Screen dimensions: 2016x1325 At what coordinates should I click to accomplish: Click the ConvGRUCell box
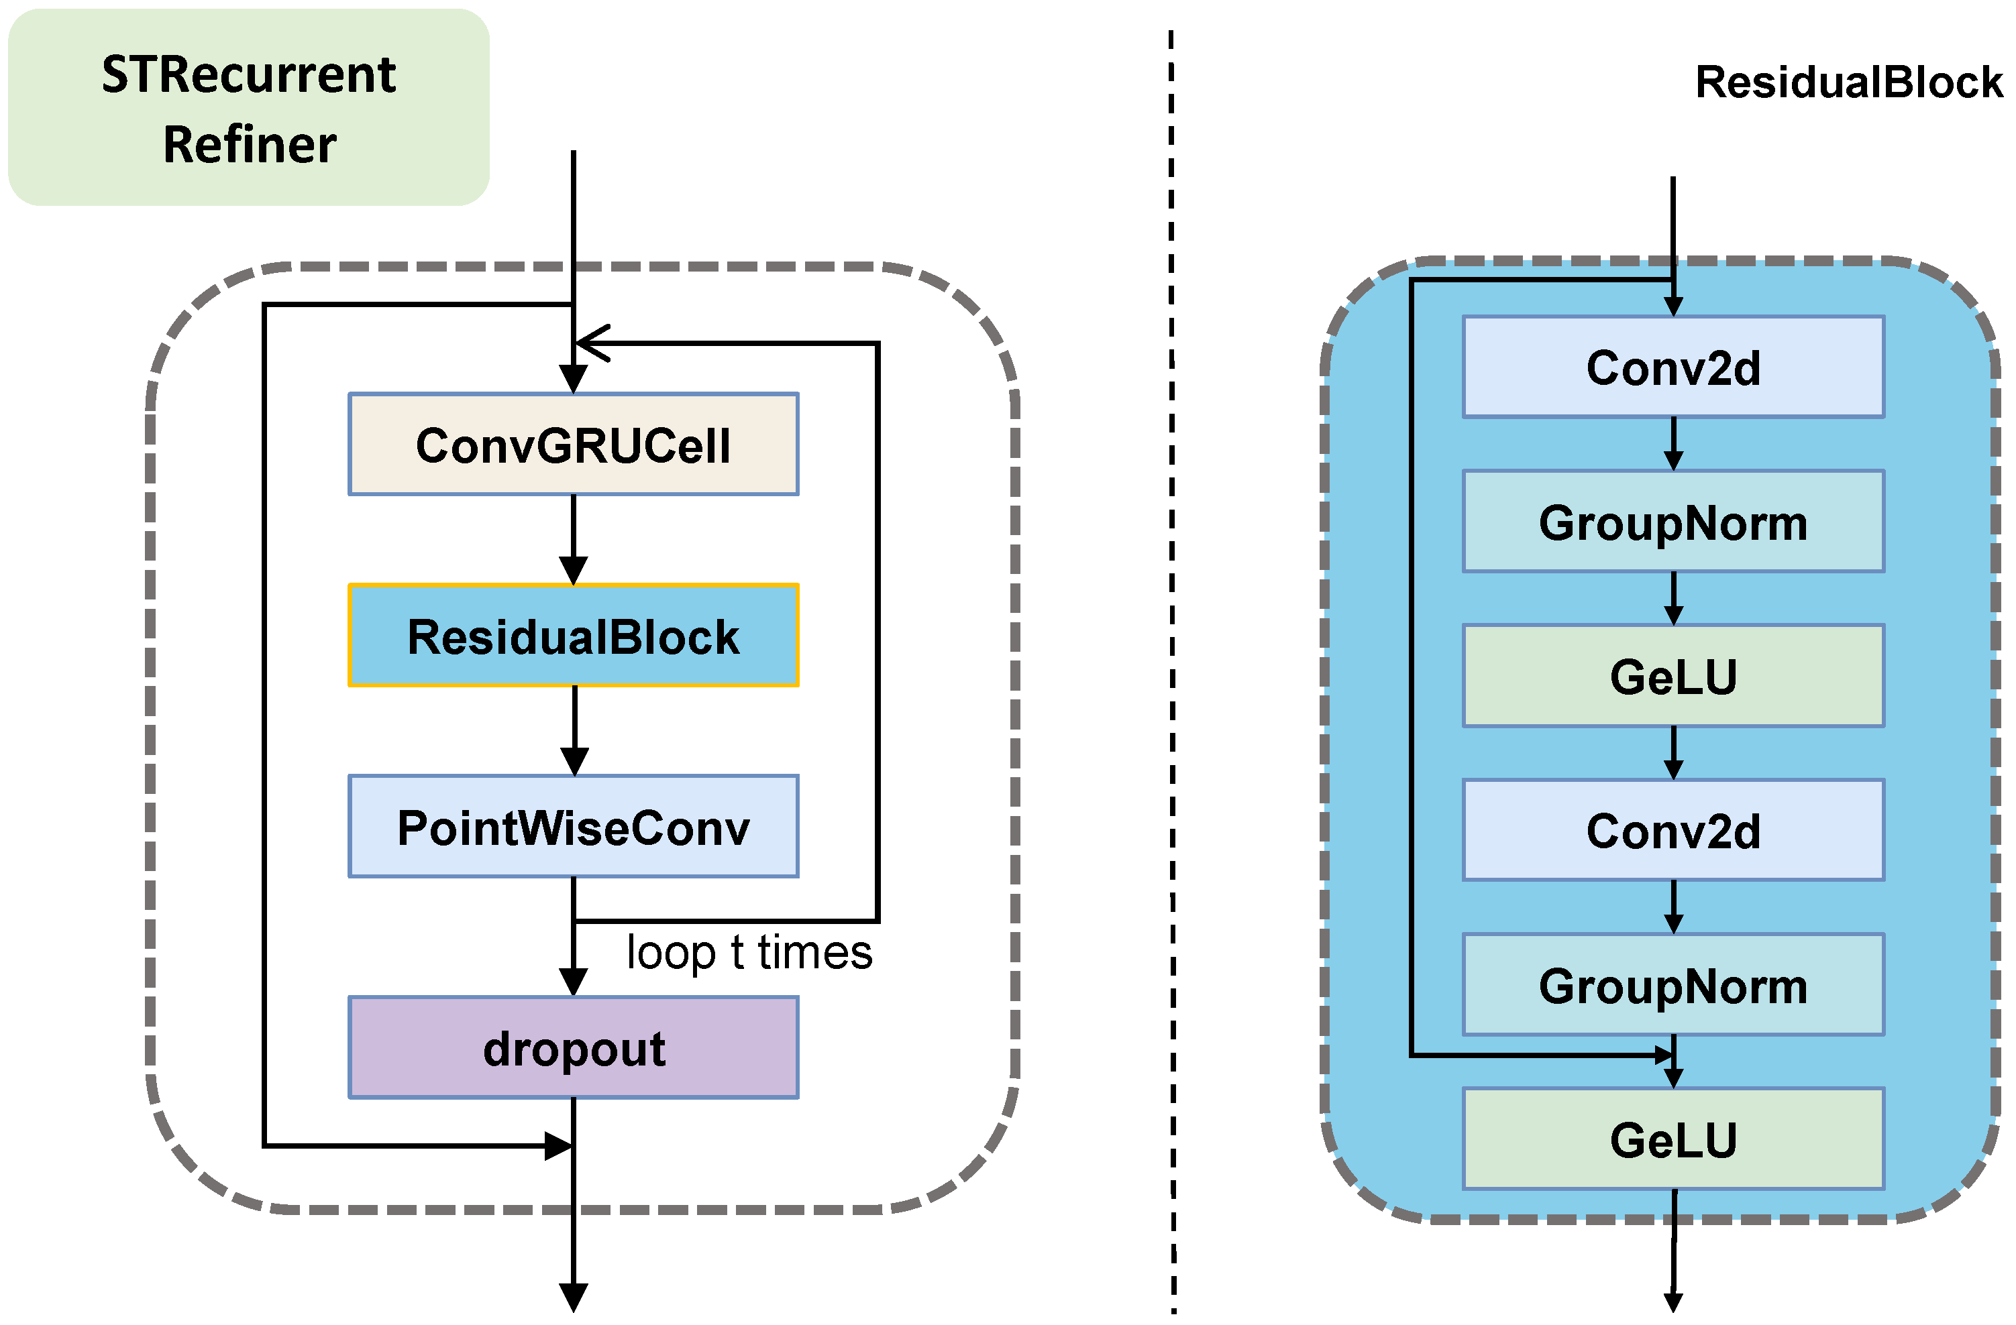[x=574, y=444]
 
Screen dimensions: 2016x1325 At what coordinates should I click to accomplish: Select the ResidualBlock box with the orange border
[x=574, y=635]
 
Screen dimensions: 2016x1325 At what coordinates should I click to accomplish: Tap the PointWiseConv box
[x=574, y=826]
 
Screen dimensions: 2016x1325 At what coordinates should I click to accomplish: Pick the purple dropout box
[x=574, y=1047]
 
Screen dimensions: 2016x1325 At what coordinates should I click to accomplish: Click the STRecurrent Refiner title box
[x=249, y=107]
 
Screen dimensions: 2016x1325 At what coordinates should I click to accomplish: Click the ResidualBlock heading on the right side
[x=1848, y=82]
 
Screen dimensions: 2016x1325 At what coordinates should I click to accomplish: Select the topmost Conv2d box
[x=1673, y=367]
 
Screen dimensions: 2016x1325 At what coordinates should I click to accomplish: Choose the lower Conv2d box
[x=1673, y=829]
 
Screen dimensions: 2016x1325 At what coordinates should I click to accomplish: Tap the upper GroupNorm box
[x=1673, y=522]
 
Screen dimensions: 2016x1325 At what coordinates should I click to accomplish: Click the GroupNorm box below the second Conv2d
[x=1673, y=984]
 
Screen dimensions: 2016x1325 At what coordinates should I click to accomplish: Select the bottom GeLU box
[x=1673, y=1139]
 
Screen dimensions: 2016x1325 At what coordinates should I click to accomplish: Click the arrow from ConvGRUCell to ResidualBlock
[x=574, y=539]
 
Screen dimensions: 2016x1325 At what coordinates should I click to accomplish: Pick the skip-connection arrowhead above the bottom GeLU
[x=1664, y=1055]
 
